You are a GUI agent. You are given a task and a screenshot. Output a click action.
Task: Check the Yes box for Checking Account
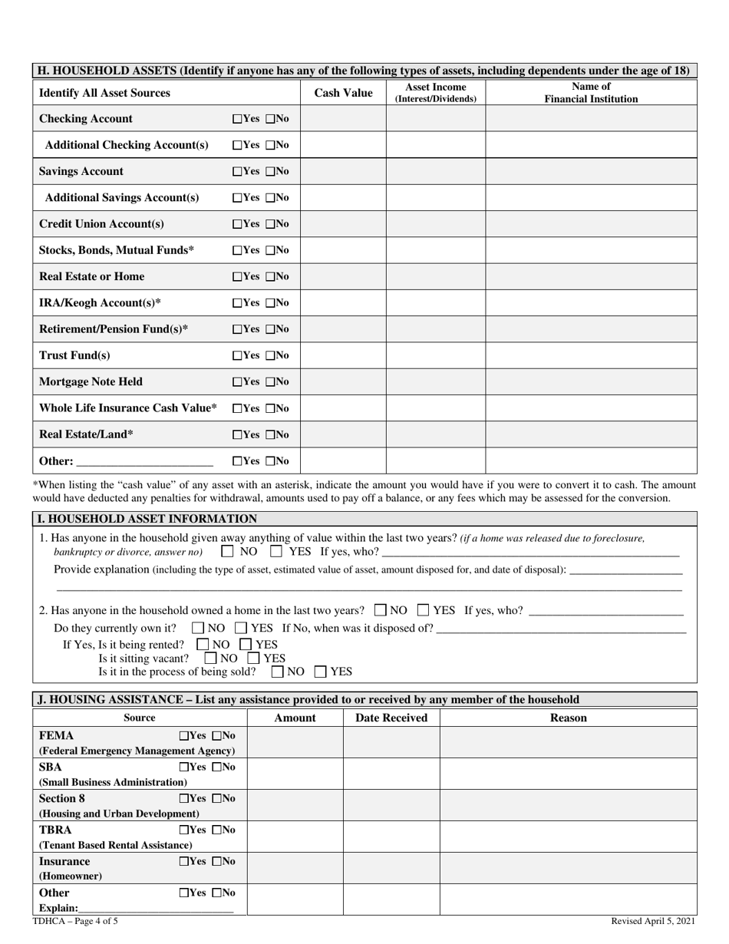[236, 119]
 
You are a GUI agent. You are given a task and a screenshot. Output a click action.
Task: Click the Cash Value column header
[343, 93]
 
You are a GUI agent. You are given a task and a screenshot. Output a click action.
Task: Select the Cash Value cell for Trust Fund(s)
[343, 355]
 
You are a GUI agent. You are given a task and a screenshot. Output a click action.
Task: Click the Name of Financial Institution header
[591, 93]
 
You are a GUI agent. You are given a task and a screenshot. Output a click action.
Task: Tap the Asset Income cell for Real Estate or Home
[435, 276]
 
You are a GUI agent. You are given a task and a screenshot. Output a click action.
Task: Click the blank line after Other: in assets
[145, 461]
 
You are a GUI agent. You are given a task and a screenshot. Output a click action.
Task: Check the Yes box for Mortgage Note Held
[236, 382]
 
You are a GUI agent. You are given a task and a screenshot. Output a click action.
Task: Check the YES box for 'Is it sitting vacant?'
[255, 658]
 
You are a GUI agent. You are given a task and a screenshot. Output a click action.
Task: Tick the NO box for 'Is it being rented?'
[203, 645]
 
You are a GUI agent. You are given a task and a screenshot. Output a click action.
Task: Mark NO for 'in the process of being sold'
[279, 672]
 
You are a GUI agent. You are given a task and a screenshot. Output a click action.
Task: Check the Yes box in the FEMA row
[184, 736]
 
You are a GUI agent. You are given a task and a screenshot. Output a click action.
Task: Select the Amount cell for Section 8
[295, 805]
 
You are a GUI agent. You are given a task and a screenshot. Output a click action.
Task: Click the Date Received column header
[391, 718]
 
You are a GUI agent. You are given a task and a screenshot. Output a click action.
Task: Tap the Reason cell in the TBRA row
[568, 837]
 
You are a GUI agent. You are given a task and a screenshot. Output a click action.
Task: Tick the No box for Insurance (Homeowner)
[217, 862]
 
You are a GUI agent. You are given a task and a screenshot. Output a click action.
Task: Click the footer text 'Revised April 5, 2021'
[653, 921]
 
